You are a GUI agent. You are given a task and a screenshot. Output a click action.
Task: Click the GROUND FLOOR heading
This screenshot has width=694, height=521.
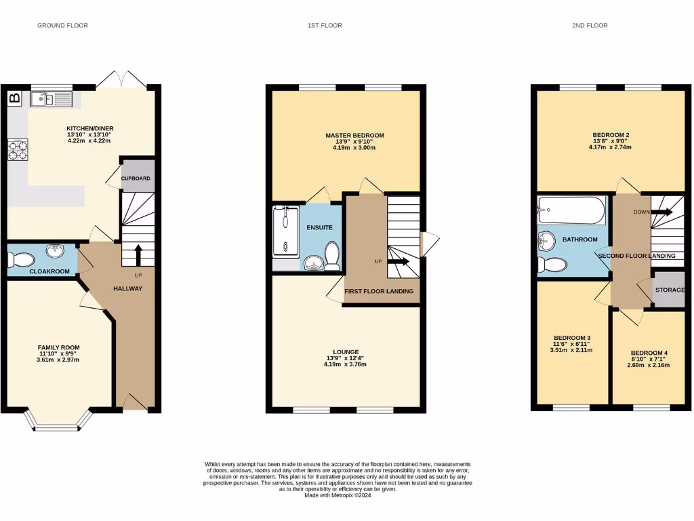[62, 26]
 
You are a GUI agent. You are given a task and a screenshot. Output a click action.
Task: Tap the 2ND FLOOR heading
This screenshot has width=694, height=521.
[590, 26]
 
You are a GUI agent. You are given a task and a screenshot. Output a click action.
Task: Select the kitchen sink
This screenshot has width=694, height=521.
[51, 100]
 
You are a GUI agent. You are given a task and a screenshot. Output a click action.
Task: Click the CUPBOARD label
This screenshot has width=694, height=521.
[136, 178]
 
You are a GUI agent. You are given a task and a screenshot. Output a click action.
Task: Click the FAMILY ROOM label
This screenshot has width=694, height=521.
[58, 347]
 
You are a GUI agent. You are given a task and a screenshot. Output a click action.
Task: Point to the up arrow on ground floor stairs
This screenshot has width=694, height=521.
[138, 254]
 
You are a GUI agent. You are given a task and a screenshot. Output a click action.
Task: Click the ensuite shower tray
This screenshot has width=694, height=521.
[285, 233]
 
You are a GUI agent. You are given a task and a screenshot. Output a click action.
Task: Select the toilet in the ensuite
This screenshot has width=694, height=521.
[332, 257]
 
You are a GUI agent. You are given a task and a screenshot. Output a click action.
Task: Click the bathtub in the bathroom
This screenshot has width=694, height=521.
[571, 211]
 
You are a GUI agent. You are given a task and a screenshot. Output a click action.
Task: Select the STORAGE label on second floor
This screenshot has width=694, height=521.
[670, 290]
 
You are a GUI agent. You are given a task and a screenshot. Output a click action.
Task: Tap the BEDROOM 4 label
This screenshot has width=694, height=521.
[649, 353]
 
